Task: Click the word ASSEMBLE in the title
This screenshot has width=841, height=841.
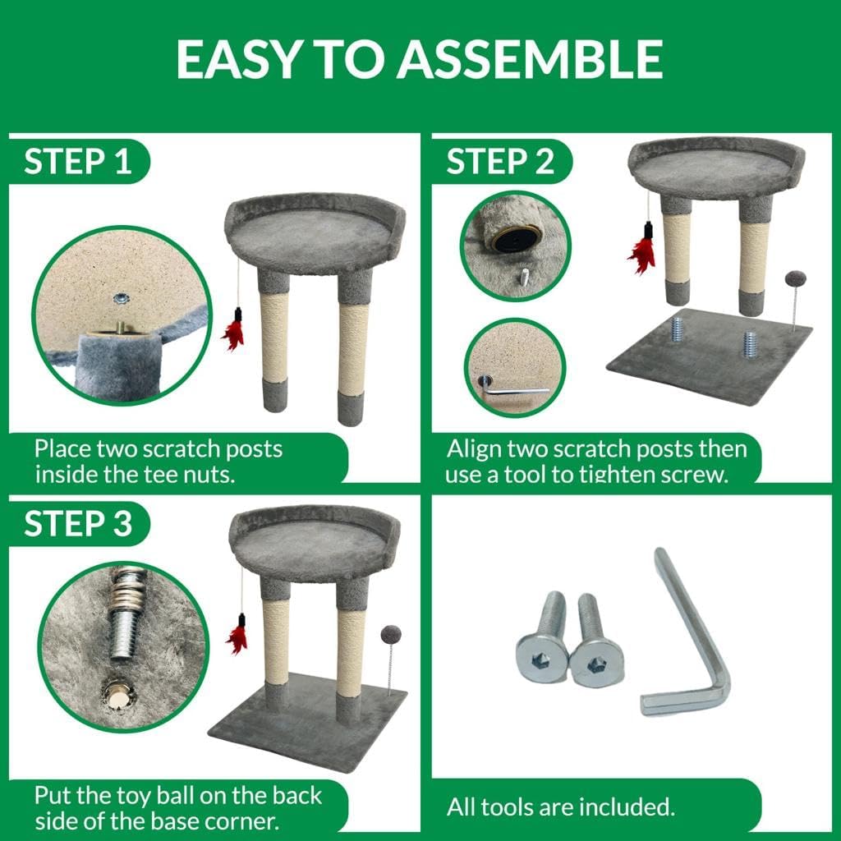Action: coord(530,59)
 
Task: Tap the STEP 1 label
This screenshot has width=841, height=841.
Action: coord(78,161)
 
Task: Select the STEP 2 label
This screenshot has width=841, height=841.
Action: coord(500,161)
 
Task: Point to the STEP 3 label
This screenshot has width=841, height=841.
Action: coord(78,523)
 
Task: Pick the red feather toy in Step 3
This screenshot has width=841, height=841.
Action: coord(237,635)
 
